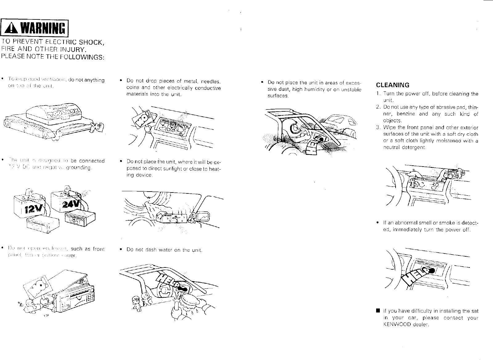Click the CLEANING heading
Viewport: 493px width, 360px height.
tap(392, 85)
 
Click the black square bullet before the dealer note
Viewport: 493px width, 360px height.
tap(377, 311)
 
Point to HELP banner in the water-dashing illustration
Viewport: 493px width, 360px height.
tap(165, 279)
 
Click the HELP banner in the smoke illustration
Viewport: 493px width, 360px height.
tap(413, 277)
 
